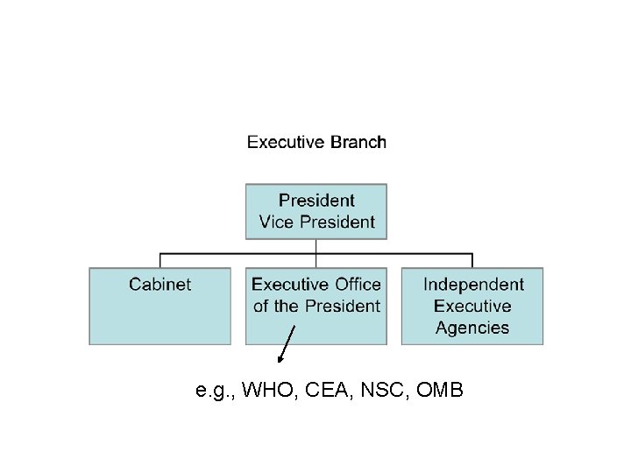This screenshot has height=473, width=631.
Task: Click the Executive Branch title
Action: point(316,142)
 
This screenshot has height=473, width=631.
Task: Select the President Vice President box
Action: point(316,211)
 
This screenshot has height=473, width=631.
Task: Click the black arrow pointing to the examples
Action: point(287,343)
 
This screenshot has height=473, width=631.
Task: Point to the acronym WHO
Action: point(264,390)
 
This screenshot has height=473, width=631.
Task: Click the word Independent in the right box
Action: point(473,284)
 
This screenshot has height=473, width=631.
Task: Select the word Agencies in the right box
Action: point(472,328)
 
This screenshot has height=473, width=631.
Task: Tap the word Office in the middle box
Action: point(358,284)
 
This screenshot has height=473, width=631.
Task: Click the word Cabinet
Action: point(160,284)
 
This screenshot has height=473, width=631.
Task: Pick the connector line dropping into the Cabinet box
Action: point(160,260)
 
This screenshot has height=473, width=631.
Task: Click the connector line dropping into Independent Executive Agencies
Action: point(472,260)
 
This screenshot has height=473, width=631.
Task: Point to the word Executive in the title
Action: point(284,142)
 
